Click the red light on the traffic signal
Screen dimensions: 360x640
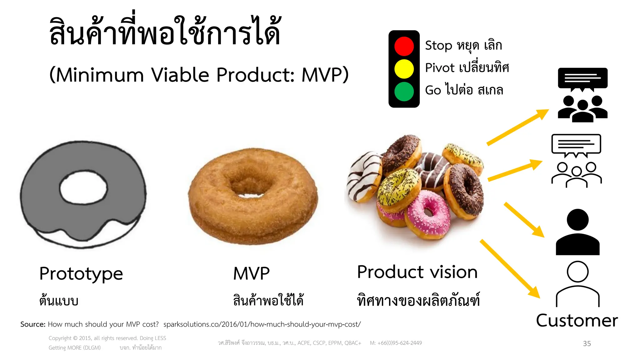pos(404,46)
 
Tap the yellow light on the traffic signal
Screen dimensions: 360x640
pos(404,69)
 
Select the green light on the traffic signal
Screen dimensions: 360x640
pos(404,92)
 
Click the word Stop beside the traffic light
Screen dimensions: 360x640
pos(438,46)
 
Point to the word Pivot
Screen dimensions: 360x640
pos(440,68)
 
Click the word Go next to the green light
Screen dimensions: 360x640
pos(433,90)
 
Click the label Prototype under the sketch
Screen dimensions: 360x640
pos(81,274)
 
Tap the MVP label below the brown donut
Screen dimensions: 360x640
pos(251,274)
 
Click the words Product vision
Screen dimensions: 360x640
pos(417,272)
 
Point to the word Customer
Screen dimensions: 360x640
pos(577,321)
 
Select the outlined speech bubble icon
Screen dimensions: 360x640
pos(576,145)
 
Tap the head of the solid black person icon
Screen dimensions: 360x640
pos(577,220)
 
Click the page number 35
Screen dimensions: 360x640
pos(587,343)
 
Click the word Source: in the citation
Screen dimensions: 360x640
pos(33,324)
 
